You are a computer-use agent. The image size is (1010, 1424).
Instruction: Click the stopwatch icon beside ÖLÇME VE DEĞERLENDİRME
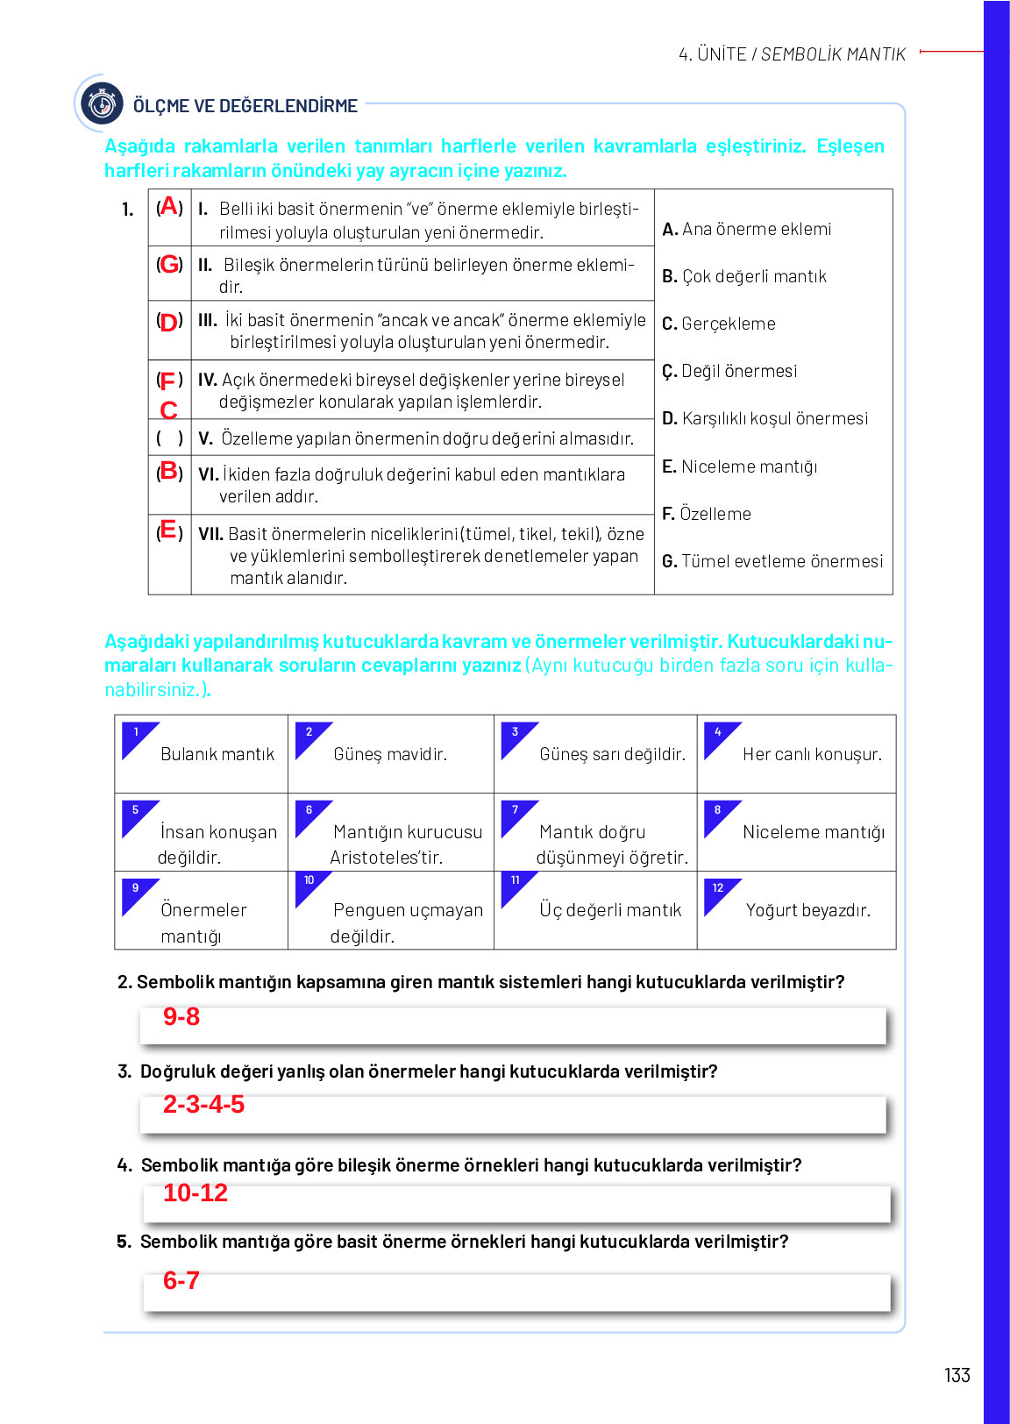(102, 104)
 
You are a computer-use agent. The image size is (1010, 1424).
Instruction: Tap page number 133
(957, 1375)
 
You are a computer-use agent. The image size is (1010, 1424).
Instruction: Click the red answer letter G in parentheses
(170, 264)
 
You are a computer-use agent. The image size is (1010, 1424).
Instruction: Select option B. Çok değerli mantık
(744, 276)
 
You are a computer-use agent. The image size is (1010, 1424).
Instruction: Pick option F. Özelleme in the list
(707, 514)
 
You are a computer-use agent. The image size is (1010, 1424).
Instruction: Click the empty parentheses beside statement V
(169, 438)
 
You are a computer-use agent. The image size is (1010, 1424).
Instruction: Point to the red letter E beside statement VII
(168, 530)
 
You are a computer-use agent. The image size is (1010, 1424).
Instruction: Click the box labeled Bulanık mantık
(201, 754)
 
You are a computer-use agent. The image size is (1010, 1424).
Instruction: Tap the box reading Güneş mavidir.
(390, 754)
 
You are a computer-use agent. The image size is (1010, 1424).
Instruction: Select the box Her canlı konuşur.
(796, 754)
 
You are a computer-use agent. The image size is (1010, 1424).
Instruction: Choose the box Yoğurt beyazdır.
(796, 910)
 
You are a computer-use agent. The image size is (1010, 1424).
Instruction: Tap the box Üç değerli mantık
(595, 910)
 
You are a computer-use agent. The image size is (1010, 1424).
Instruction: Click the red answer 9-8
(181, 1016)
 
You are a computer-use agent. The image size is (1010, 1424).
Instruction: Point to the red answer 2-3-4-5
(203, 1104)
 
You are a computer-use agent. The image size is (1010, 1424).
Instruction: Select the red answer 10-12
(195, 1193)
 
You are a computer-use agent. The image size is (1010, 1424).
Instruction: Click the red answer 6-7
(181, 1280)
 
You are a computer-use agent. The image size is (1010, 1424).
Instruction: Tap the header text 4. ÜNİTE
(712, 54)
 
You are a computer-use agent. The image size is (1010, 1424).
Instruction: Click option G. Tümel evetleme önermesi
(772, 561)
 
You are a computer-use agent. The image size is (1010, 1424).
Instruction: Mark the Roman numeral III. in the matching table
(208, 320)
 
